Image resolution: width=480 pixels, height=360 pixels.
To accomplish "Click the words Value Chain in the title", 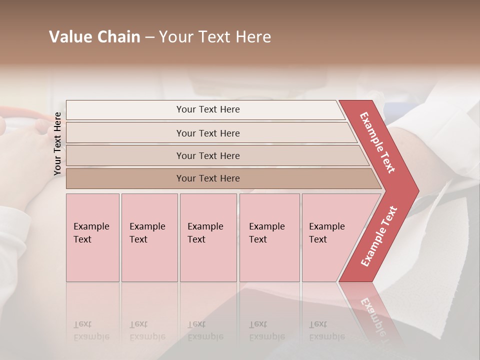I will (94, 37).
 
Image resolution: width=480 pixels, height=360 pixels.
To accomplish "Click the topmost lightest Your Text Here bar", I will (207, 109).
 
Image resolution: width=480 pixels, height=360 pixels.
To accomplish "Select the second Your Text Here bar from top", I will (207, 133).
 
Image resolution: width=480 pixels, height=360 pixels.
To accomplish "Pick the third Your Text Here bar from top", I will (207, 155).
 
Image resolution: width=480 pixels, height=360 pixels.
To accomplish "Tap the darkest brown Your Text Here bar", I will (207, 178).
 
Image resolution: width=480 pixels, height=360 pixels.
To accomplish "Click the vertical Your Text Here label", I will (57, 143).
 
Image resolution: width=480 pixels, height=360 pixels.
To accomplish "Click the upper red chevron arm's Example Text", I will (378, 142).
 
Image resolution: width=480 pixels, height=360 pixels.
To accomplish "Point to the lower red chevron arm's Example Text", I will (379, 236).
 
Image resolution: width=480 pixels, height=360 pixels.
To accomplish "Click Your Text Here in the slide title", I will (215, 37).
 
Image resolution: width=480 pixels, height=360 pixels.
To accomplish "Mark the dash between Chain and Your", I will (149, 37).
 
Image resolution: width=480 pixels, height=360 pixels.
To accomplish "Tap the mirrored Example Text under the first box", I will (91, 330).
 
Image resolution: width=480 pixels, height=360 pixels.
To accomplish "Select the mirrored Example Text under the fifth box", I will (326, 330).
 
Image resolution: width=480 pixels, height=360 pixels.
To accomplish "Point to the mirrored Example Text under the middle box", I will (205, 330).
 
